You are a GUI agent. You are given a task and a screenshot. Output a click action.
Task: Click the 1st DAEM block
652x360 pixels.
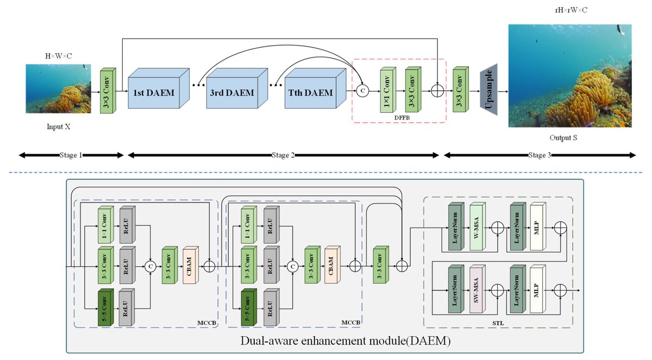pyautogui.click(x=154, y=93)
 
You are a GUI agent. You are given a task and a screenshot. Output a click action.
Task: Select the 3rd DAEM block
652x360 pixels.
pyautogui.click(x=232, y=93)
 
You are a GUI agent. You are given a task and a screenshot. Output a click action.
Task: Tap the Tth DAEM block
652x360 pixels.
pyautogui.click(x=309, y=93)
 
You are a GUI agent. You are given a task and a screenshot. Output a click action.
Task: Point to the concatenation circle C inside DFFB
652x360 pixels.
pyautogui.click(x=362, y=90)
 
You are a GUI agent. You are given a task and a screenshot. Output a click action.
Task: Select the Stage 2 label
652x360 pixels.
pyautogui.click(x=283, y=155)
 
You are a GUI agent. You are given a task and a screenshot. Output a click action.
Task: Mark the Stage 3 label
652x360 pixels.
pyautogui.click(x=540, y=155)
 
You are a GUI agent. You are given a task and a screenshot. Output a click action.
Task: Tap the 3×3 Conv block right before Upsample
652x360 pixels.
pyautogui.click(x=462, y=90)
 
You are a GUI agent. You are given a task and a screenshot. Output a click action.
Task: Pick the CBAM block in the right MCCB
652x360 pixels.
pyautogui.click(x=332, y=266)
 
